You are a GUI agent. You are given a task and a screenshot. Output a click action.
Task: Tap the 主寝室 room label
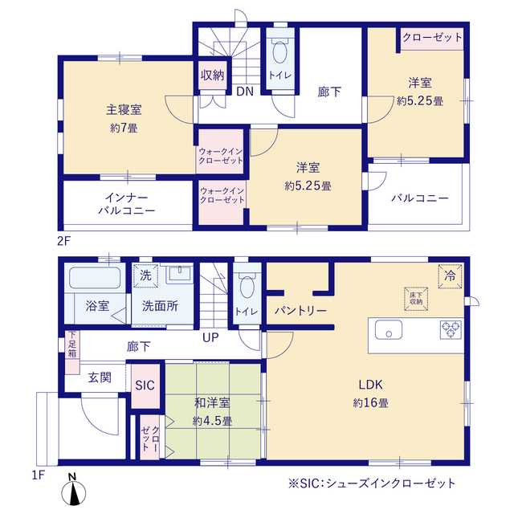coord(124,109)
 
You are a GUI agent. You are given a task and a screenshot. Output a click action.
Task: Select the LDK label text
coord(370,385)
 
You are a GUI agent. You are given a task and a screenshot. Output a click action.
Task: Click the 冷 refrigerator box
coord(450,276)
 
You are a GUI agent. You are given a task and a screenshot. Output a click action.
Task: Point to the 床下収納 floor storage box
coord(416,298)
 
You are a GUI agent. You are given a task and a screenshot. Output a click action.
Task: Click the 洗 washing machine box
coord(145,275)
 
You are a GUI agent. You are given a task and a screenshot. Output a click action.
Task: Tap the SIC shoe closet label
coord(145,385)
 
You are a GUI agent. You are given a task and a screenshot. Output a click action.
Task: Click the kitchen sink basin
coord(389,329)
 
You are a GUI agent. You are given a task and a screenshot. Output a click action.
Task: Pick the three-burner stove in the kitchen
coord(451,329)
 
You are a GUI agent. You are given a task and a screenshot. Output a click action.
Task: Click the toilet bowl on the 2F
coord(280,51)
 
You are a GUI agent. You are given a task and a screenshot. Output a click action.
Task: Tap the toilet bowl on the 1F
coord(247,287)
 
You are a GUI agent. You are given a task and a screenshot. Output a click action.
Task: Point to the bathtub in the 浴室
coord(95,278)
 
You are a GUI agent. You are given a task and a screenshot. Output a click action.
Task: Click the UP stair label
coord(210,337)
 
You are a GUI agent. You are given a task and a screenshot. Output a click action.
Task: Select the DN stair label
coord(245,91)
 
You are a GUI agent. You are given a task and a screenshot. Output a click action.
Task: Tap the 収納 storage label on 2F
coord(212,75)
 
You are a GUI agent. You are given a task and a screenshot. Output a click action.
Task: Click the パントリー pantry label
coord(300,310)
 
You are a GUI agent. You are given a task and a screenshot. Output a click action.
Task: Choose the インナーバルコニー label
coord(127,204)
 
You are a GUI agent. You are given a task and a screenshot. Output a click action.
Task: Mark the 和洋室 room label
coord(212,402)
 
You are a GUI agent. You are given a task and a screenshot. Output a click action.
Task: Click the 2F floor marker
coord(64,242)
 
